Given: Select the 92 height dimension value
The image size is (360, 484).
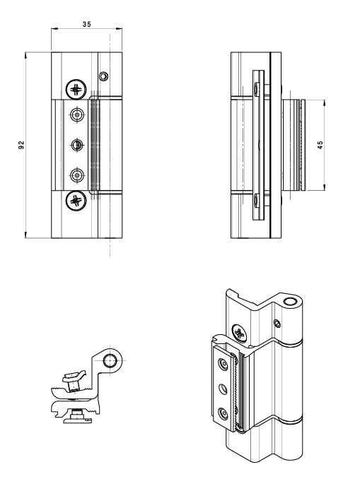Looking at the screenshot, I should (x=22, y=145).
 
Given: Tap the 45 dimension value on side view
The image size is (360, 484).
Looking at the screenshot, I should (x=320, y=145).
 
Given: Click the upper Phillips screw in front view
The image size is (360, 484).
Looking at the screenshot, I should (x=75, y=90).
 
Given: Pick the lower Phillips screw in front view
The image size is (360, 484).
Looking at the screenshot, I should (x=75, y=200).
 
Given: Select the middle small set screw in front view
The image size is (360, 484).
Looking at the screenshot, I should (x=76, y=145).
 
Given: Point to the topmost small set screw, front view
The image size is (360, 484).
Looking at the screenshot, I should (x=76, y=114).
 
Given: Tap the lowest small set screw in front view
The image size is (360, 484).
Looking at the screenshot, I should (x=76, y=175).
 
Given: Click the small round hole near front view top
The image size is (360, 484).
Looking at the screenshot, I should (x=104, y=76).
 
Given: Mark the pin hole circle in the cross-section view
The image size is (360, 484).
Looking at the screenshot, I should (x=110, y=362).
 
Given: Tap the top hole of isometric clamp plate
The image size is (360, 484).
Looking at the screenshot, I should (x=223, y=363).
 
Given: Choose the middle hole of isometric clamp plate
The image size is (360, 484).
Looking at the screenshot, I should (x=223, y=388).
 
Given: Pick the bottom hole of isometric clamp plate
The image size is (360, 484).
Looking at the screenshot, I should (x=223, y=412).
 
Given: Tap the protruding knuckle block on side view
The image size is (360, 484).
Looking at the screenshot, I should (x=293, y=145).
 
